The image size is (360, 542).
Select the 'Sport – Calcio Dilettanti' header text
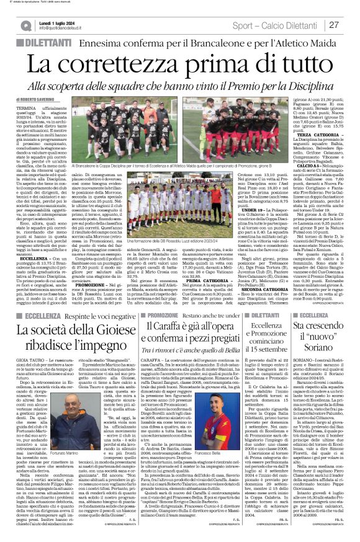click(x=276, y=25)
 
